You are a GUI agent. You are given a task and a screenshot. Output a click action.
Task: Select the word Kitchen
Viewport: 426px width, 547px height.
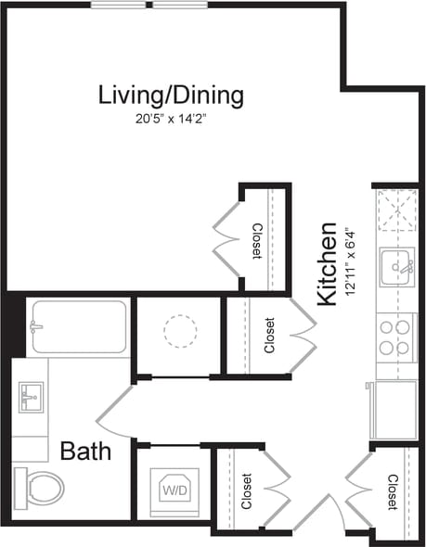coord(327,264)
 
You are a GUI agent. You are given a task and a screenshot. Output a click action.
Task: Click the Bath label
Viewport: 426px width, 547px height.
coord(85,452)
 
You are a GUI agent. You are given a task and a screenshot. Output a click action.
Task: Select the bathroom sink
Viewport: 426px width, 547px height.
coord(31,397)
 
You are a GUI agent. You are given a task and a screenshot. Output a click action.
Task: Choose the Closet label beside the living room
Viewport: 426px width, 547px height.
coord(257,241)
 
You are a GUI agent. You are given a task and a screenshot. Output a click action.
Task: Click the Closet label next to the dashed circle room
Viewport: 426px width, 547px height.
coord(269,336)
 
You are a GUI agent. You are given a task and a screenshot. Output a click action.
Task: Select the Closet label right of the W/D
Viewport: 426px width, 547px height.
coord(246,491)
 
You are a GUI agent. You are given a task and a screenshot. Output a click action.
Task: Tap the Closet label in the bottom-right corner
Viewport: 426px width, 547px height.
coord(392,491)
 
